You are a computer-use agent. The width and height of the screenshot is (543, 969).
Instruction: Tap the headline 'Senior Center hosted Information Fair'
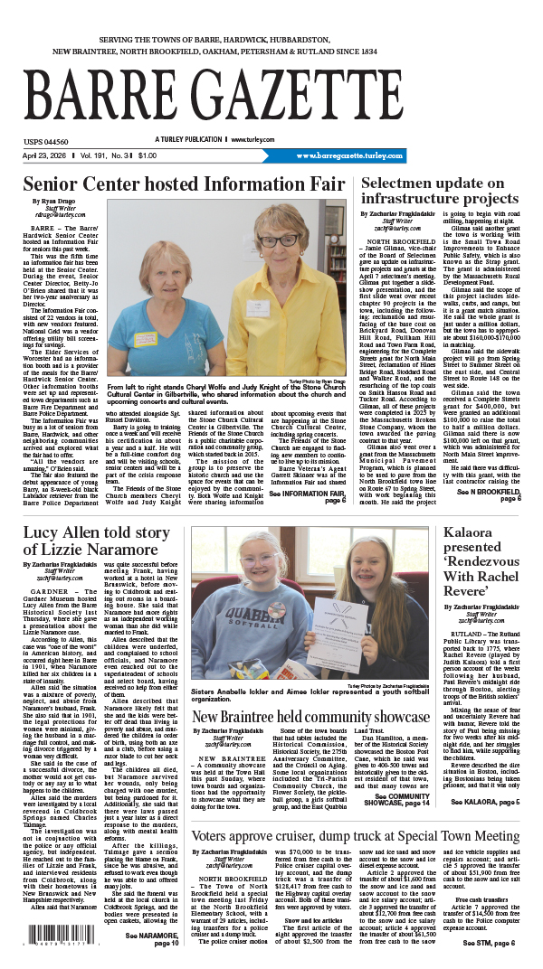click(x=177, y=183)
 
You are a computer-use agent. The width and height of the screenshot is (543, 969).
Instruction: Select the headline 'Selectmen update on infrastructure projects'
click(x=440, y=190)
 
